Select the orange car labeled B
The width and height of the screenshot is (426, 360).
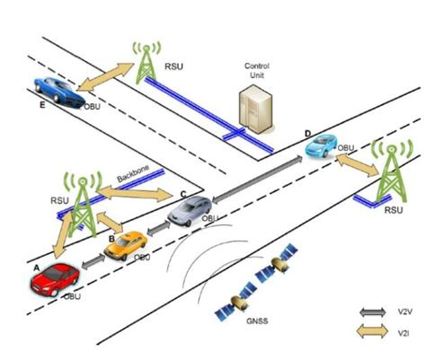point(124,245)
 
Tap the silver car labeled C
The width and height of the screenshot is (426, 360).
point(191,210)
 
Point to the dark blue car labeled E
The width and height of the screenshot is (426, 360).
point(57,90)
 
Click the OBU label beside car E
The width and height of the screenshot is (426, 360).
point(93,106)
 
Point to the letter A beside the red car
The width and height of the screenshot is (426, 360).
point(35,268)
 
